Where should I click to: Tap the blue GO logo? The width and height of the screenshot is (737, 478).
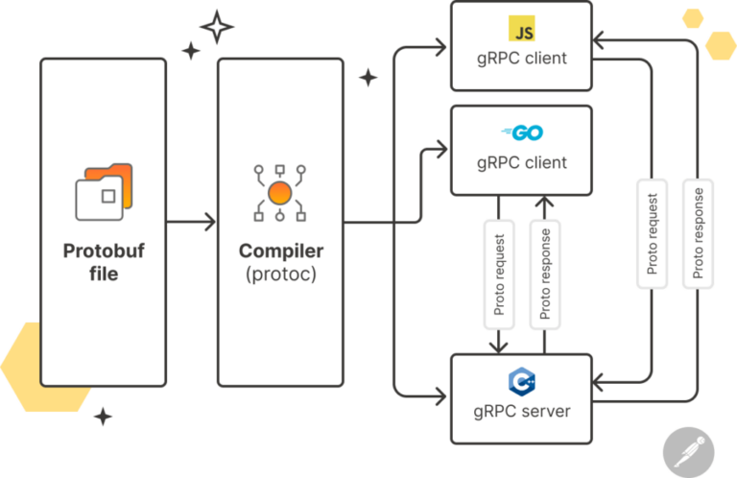pyautogui.click(x=522, y=132)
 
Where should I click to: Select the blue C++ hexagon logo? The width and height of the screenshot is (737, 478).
pyautogui.click(x=522, y=381)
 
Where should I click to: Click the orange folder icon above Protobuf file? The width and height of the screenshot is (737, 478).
pyautogui.click(x=104, y=192)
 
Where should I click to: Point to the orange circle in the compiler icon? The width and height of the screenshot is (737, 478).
pyautogui.click(x=279, y=193)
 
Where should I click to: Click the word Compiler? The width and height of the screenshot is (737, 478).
pyautogui.click(x=280, y=251)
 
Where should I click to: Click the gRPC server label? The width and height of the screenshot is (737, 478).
pyautogui.click(x=522, y=412)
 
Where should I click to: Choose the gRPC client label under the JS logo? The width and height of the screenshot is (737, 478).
pyautogui.click(x=522, y=59)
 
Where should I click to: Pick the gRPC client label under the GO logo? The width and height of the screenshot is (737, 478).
pyautogui.click(x=522, y=162)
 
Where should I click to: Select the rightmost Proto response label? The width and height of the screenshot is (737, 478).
pyautogui.click(x=698, y=233)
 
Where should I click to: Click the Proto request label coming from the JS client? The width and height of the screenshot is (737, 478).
pyautogui.click(x=653, y=233)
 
